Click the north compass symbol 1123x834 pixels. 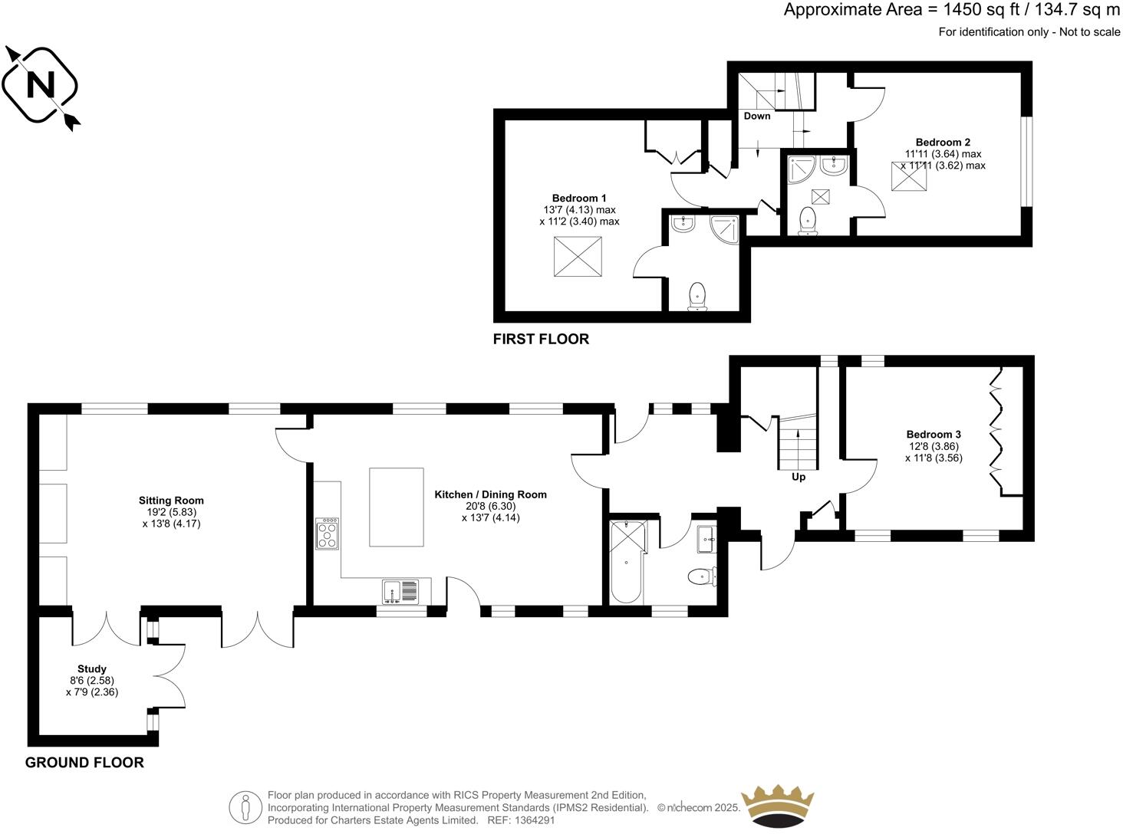coord(41,85)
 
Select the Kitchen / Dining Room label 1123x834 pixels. coord(490,494)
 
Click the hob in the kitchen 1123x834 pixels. coord(328,534)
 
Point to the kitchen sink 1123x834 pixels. coord(400,591)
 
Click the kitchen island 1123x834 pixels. coord(396,507)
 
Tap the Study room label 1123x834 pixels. coord(92,669)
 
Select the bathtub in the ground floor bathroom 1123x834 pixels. coord(627,562)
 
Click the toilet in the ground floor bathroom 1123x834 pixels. coord(699,576)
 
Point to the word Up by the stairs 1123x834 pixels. coord(799,477)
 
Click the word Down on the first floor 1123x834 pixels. coord(757,116)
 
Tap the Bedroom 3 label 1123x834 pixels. coord(933,435)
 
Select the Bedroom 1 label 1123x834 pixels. coord(579,199)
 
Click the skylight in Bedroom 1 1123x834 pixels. coord(578,257)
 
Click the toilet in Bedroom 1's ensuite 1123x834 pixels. coord(697,295)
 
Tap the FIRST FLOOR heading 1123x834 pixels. coord(541,339)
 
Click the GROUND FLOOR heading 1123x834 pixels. coord(84,763)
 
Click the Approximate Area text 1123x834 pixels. coord(951,10)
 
